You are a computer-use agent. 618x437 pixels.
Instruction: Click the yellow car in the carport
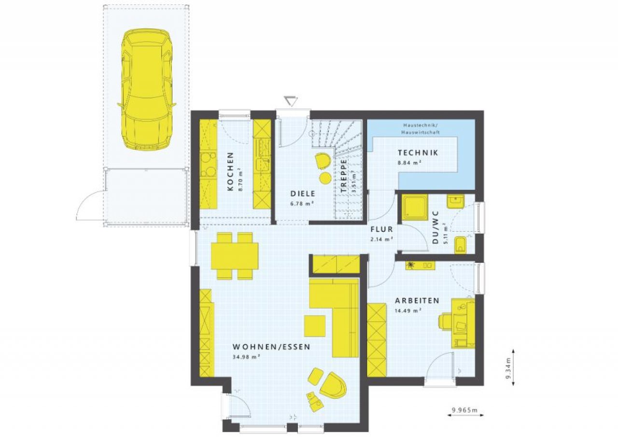click(146, 90)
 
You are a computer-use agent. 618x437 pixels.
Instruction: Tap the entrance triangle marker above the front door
click(291, 101)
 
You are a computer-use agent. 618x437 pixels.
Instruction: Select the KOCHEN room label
click(230, 171)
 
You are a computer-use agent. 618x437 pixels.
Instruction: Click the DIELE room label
click(303, 194)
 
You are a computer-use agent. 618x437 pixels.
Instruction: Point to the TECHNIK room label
click(418, 153)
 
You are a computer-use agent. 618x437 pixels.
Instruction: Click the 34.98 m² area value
click(247, 357)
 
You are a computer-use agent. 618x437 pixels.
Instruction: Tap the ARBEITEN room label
click(417, 300)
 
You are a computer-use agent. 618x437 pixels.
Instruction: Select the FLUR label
click(381, 229)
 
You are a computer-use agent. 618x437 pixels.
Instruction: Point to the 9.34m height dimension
click(508, 368)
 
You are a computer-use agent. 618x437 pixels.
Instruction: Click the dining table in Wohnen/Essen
click(235, 256)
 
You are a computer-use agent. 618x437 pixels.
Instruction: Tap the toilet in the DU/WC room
click(461, 245)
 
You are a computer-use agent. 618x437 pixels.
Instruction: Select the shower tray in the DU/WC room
click(415, 208)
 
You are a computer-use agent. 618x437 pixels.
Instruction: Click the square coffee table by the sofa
click(315, 326)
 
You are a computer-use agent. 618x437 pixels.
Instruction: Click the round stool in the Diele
click(325, 178)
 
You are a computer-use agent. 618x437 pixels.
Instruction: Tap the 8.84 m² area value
click(409, 163)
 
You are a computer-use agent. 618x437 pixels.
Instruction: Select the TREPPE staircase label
click(343, 176)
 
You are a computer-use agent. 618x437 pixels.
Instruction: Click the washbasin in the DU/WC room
click(455, 201)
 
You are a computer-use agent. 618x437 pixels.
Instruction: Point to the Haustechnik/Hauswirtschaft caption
click(421, 129)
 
